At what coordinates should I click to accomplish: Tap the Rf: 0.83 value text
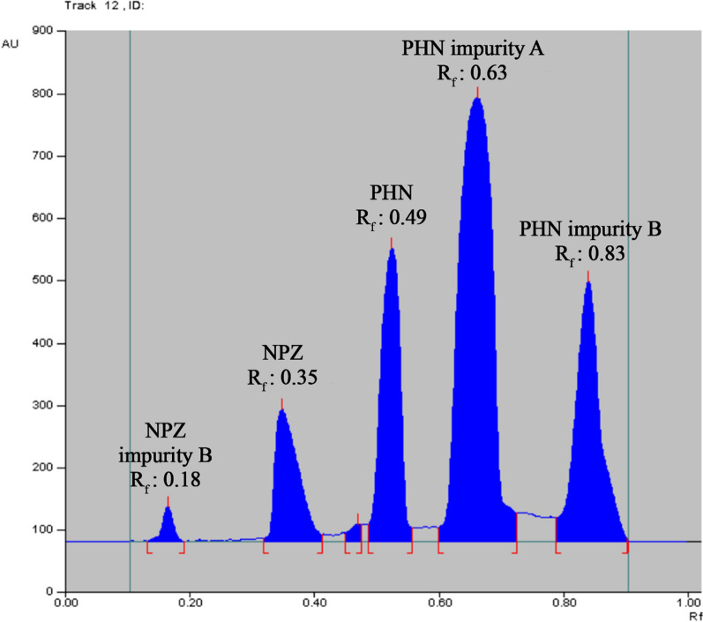click(589, 254)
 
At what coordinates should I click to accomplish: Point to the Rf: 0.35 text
click(282, 378)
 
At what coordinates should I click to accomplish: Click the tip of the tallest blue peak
click(477, 97)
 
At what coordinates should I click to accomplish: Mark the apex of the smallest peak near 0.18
click(168, 506)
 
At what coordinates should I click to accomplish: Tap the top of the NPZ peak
click(281, 409)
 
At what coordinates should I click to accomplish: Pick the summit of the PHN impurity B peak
click(587, 281)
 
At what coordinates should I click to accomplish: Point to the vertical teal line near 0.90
click(628, 265)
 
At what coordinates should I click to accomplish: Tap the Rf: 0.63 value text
click(472, 74)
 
